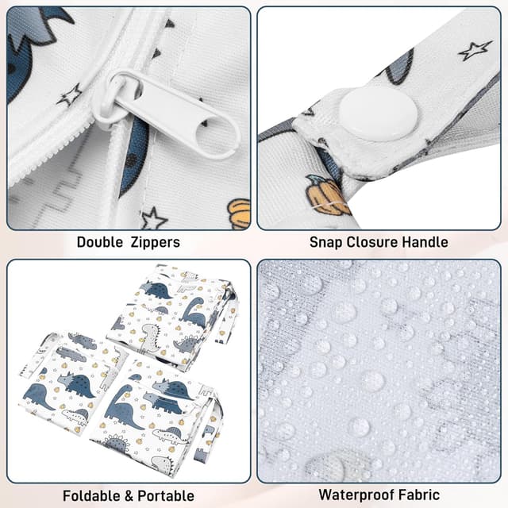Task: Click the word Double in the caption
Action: click(100, 242)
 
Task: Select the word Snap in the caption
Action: click(326, 242)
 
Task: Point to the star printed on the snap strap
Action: click(474, 51)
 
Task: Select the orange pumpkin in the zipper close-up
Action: click(237, 214)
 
